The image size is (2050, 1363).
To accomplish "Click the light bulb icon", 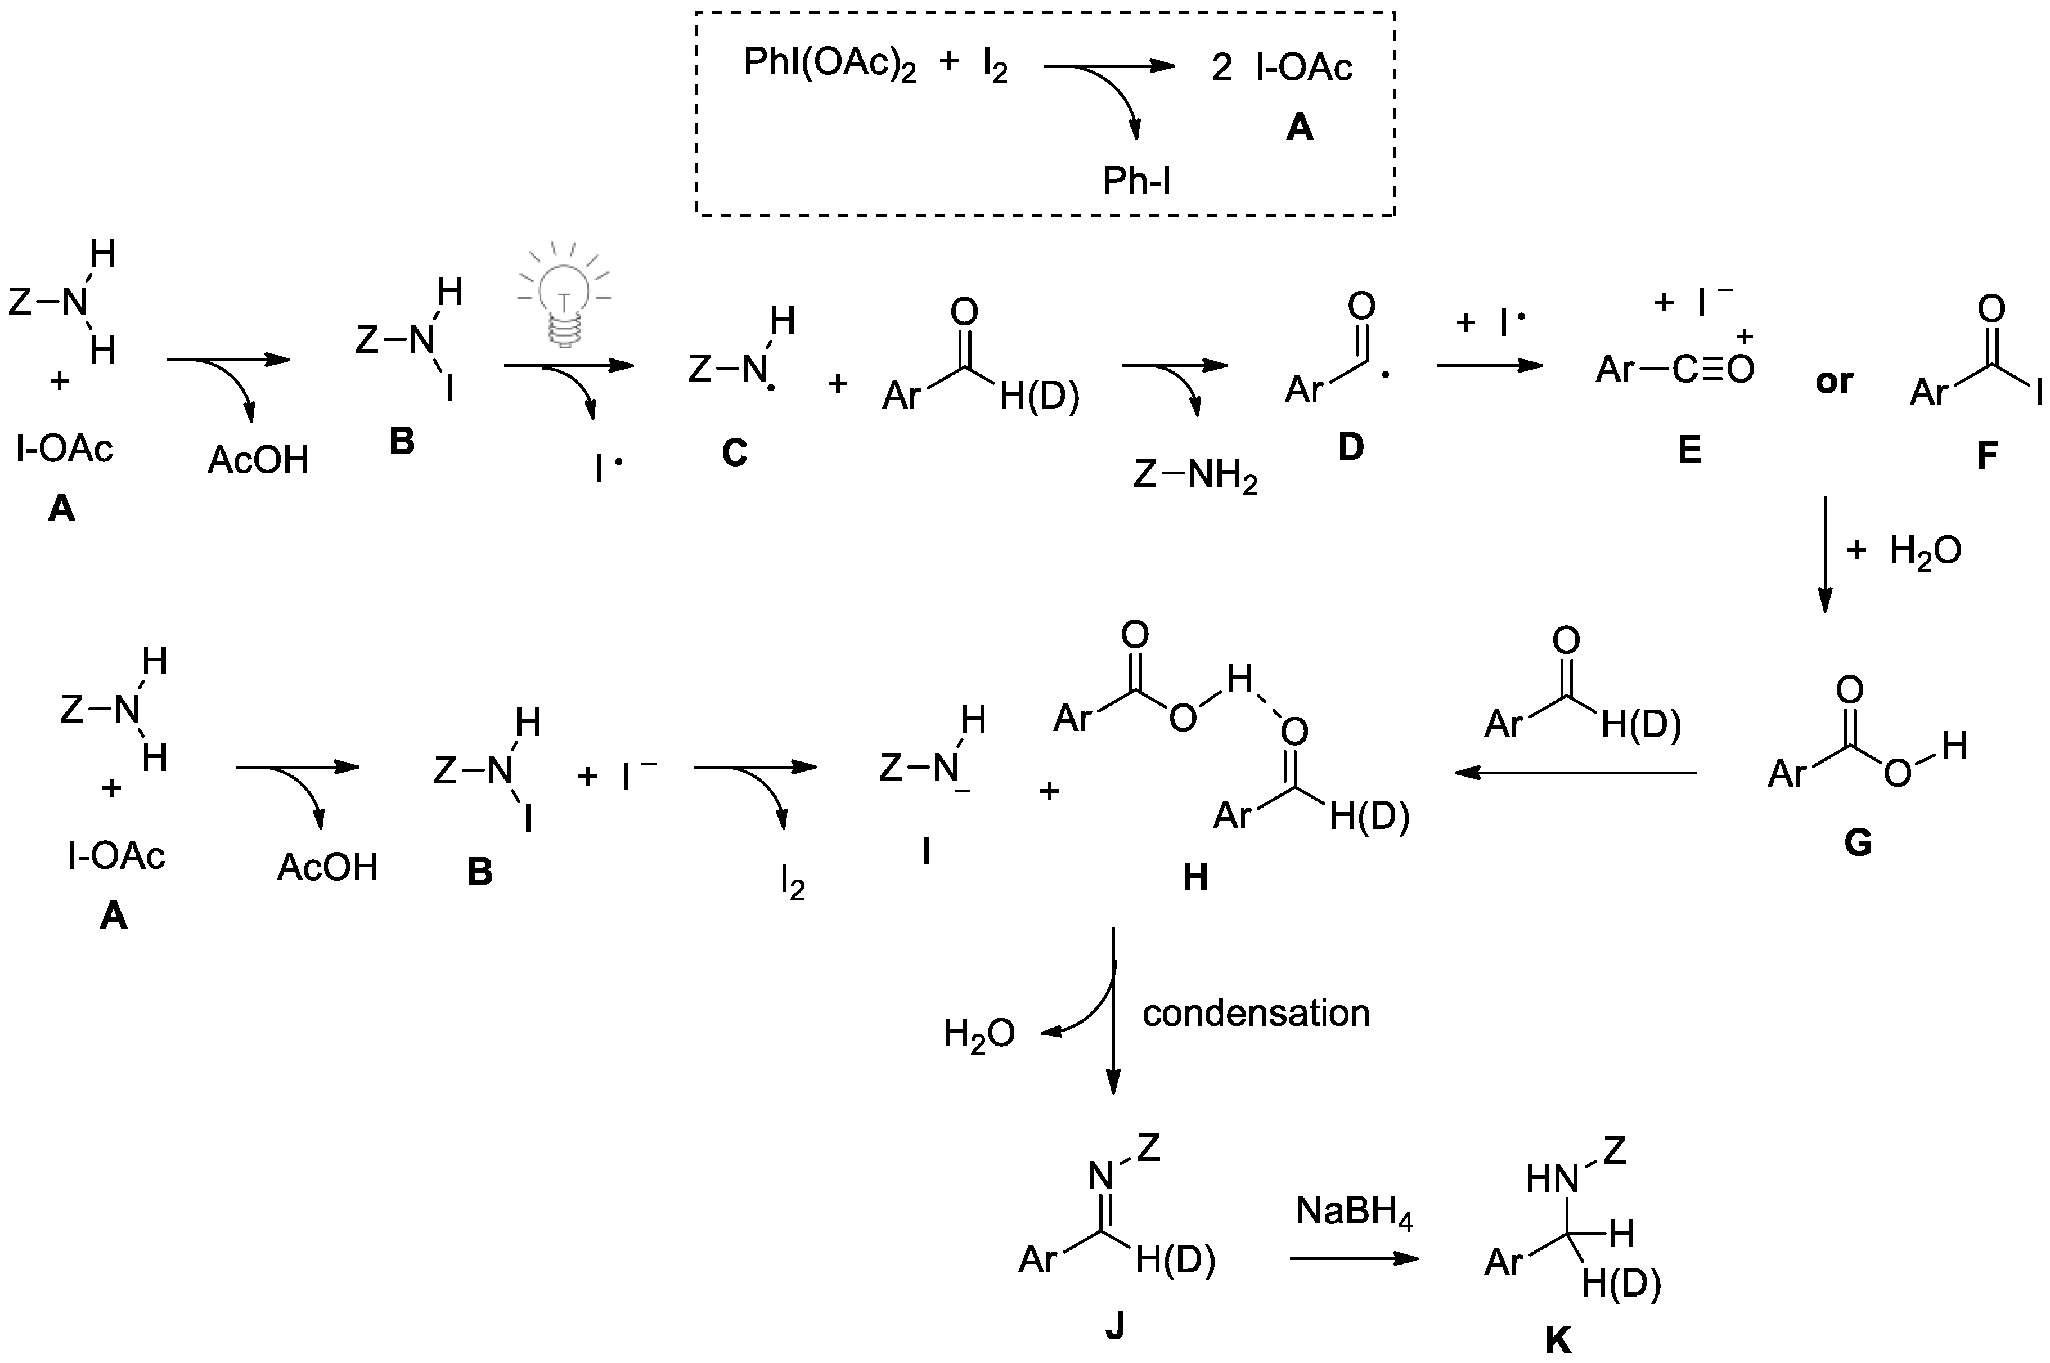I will click(565, 295).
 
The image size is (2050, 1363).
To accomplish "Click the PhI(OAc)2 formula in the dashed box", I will click(829, 66).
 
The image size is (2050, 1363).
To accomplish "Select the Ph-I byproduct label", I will click(1136, 181).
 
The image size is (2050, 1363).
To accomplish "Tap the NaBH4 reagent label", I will click(1354, 1212).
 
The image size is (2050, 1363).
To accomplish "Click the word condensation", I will click(1256, 1014).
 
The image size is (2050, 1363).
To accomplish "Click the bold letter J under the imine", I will click(1115, 1326).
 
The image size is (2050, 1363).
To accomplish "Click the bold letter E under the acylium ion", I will click(1688, 450).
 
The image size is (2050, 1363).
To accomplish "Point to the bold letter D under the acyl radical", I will click(1350, 447).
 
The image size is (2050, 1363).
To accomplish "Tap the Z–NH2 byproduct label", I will click(1195, 476).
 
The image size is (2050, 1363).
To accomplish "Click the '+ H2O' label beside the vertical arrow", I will click(1903, 551).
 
